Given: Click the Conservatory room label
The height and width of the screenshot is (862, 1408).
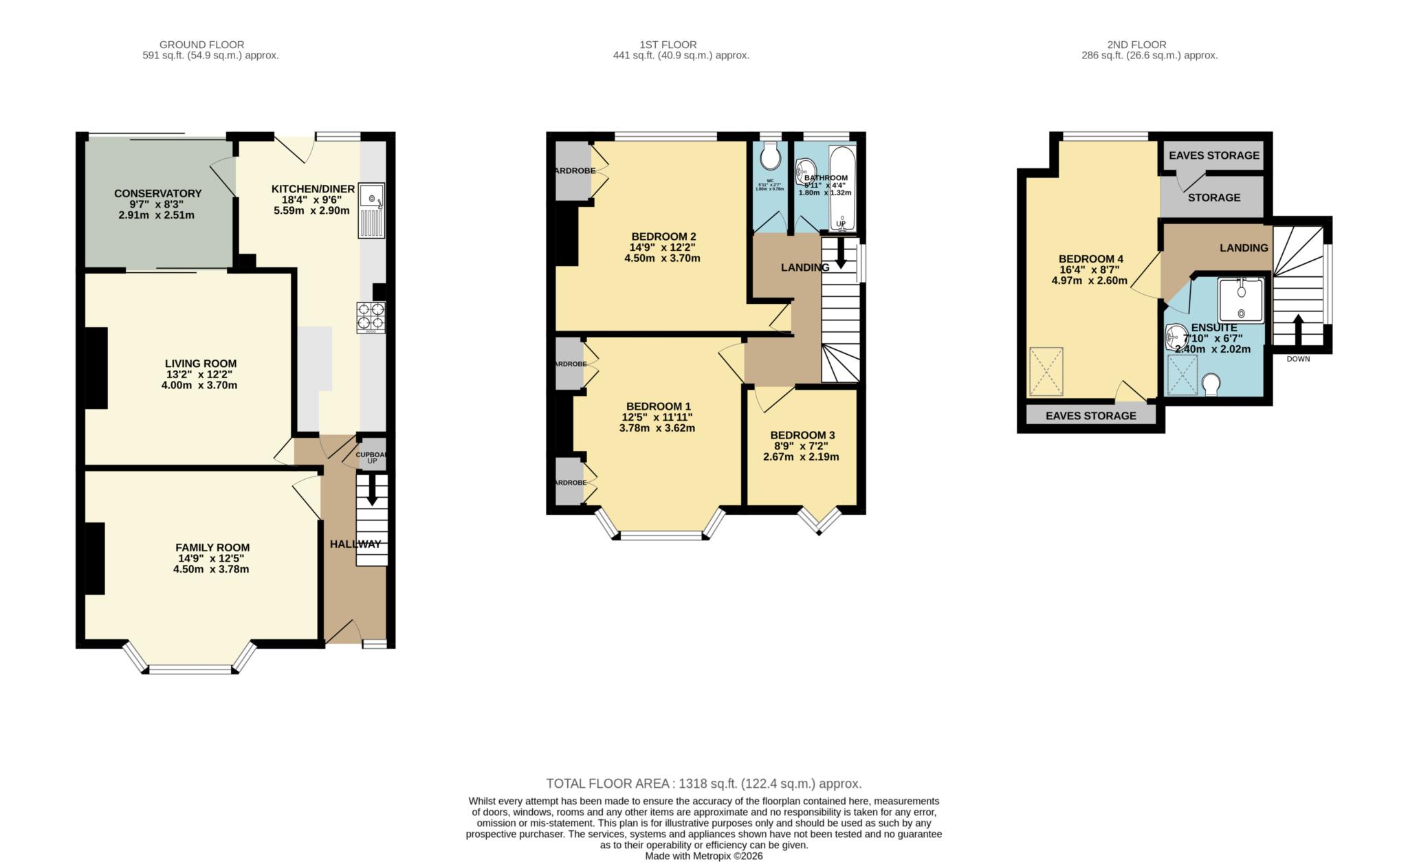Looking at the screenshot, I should pos(157,193).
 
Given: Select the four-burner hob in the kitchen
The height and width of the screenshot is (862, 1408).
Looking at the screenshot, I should pos(371,318).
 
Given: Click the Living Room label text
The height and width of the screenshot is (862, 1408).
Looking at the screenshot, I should pos(201,364).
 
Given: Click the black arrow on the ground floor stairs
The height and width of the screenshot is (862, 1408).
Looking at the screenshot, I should pos(372,492).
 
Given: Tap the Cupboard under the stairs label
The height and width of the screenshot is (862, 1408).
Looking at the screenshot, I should pos(371,454).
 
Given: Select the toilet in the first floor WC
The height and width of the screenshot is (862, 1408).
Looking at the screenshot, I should pos(770,156).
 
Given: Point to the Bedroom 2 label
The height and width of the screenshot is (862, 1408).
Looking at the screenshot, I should pos(659,236).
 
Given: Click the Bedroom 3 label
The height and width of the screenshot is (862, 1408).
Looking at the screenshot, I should pos(802,435).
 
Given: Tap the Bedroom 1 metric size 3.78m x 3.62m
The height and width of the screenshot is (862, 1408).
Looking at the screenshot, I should pos(657,428).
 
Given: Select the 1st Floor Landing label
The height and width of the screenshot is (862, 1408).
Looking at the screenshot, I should pos(804,267).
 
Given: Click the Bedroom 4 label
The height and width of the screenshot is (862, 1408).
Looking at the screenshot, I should pos(1091,258).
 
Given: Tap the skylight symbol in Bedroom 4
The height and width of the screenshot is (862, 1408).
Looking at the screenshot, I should pos(1046,372).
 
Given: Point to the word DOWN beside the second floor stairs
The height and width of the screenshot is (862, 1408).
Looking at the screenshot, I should pos(1298,359).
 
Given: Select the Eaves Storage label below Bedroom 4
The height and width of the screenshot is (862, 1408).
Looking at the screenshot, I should pos(1090,416).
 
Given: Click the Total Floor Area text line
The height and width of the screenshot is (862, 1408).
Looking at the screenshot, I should pos(703,784).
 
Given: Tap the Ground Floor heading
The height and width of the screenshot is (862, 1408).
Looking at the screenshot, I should pos(201,45).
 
